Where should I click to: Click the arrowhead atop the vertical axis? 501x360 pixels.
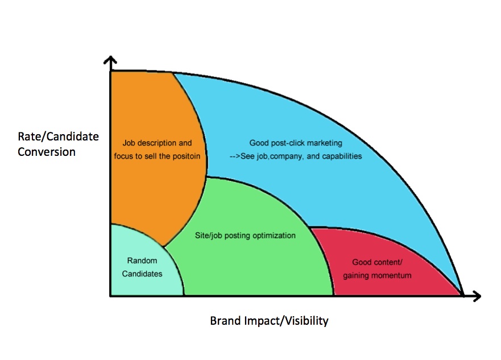click(x=110, y=60)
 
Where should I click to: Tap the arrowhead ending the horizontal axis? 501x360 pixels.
click(x=477, y=296)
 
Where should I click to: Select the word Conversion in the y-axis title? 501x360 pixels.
click(x=47, y=152)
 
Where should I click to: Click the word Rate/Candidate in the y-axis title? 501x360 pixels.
click(x=58, y=136)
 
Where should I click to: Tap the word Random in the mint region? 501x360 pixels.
click(x=142, y=260)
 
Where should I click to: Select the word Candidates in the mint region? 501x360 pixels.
click(x=142, y=274)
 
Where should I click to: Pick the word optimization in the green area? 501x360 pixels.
click(x=274, y=236)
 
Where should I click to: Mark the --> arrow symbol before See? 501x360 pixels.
click(x=234, y=156)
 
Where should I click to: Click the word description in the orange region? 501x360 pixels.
click(x=156, y=143)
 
